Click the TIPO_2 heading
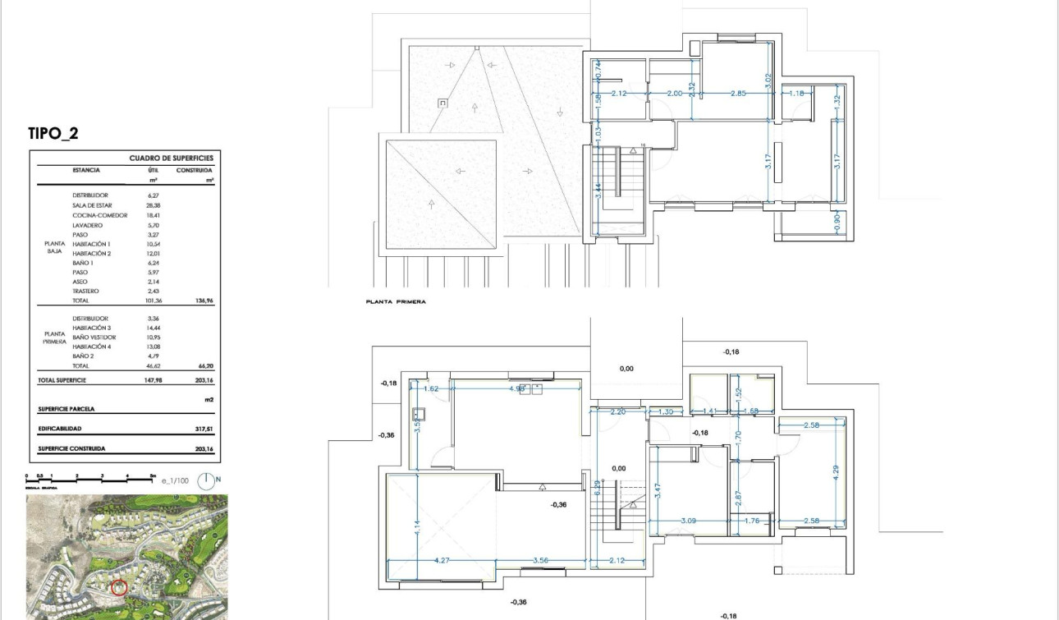pyautogui.click(x=53, y=135)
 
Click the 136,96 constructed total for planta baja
pyautogui.click(x=202, y=301)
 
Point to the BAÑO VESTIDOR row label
pyautogui.click(x=94, y=338)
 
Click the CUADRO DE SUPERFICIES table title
pyautogui.click(x=171, y=157)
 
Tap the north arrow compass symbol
pyautogui.click(x=209, y=482)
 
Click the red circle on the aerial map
pyautogui.click(x=119, y=588)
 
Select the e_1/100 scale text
pyautogui.click(x=175, y=483)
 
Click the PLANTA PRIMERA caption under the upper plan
pyautogui.click(x=396, y=302)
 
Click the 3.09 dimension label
pyautogui.click(x=688, y=521)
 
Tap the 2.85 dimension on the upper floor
pyautogui.click(x=738, y=94)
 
